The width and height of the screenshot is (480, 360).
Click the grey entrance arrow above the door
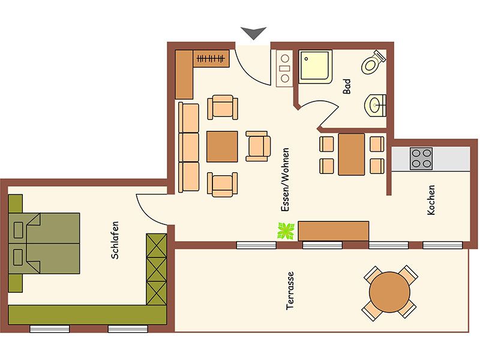coord(253,32)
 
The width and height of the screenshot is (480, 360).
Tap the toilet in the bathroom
coord(373,63)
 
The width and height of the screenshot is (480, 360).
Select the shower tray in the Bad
coord(316,67)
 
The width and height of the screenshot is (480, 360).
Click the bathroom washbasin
coord(376,106)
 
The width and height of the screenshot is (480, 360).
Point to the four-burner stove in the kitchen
coord(421,158)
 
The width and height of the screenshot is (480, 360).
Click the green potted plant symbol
coord(286,231)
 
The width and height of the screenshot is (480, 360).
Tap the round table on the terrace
coord(389,292)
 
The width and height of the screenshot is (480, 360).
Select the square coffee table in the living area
coord(222,146)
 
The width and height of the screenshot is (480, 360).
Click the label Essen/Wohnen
coord(285,180)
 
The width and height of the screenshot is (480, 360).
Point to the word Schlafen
coord(115,241)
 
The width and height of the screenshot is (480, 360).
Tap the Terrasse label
coord(290,291)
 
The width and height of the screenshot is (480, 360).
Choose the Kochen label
coord(431,200)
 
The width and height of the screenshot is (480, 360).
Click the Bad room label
coord(347,86)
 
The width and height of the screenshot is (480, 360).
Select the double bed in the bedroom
coord(44,244)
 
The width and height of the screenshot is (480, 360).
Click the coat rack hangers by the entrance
coord(211,58)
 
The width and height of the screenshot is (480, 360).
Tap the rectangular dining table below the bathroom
coord(352,154)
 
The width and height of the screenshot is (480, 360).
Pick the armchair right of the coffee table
coord(258,146)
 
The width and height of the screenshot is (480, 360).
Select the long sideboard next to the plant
coord(334,231)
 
